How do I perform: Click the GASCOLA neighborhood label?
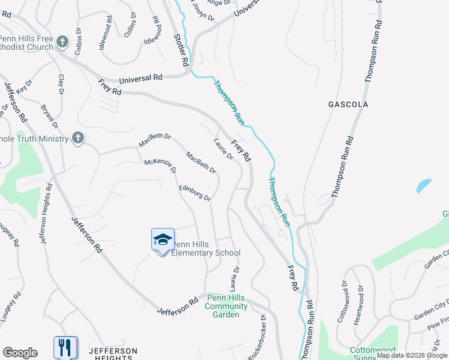(x=348, y=104)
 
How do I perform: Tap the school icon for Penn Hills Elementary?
(x=163, y=240)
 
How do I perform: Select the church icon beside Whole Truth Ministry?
(x=77, y=139)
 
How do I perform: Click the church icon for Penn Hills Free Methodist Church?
(x=62, y=42)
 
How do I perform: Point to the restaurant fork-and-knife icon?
(x=65, y=347)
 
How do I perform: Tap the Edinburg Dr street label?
(x=196, y=193)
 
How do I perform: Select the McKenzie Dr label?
(x=160, y=166)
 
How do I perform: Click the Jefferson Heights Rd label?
(x=46, y=213)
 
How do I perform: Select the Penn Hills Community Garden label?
(x=226, y=306)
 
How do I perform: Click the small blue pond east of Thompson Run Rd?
(x=424, y=185)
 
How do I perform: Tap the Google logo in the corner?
(x=20, y=353)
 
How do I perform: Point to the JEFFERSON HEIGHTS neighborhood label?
(x=113, y=354)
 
